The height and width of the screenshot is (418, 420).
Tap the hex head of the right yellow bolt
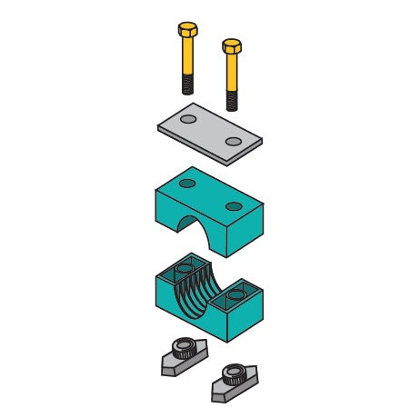[x=232, y=47]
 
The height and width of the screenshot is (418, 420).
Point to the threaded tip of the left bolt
[x=186, y=85]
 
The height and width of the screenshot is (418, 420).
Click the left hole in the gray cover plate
[x=187, y=119]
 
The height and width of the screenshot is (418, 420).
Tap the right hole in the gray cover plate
[x=235, y=140]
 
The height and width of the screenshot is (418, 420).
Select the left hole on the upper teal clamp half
[x=186, y=184]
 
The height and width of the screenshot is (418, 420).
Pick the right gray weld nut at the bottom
[x=228, y=381]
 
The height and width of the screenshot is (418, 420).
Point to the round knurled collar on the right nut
[x=229, y=373]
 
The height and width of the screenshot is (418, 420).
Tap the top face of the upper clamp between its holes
[x=210, y=194]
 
